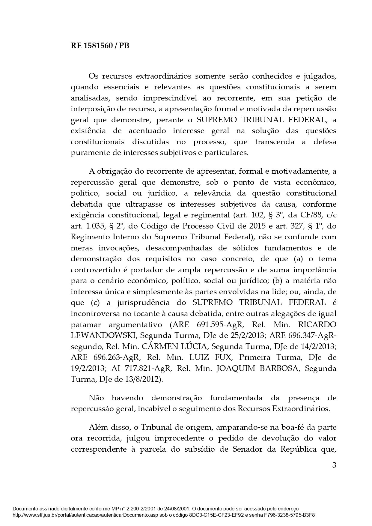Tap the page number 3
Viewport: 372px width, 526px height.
[x=334, y=465]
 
